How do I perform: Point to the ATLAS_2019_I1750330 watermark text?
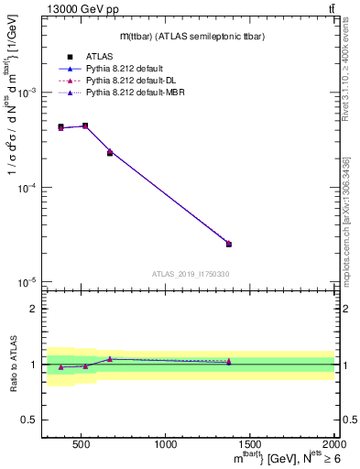(191, 274)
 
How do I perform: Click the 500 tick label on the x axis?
(81, 444)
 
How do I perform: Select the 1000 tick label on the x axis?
(166, 444)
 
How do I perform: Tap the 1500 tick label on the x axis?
(250, 444)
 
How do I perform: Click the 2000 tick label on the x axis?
(333, 444)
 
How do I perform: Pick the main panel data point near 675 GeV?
(110, 152)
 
